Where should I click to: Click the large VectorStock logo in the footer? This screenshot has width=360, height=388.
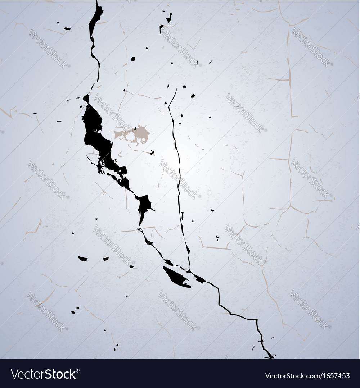43,374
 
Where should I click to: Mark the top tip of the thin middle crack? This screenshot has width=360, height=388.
176,89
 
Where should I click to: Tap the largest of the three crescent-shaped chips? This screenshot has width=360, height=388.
83,258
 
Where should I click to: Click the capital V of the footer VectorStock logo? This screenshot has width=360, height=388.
15,374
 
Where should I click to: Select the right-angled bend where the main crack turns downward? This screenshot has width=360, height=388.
256,320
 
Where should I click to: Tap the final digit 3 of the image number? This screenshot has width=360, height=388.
347,376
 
